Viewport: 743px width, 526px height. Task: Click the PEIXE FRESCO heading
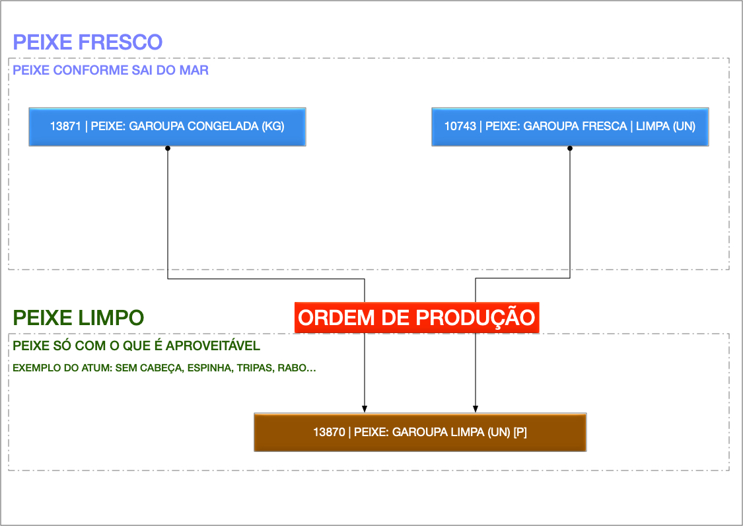coord(88,42)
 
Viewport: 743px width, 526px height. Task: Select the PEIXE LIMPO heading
coord(78,318)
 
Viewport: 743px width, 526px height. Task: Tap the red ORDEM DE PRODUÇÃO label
coord(416,318)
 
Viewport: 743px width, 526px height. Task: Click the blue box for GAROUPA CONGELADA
coord(167,126)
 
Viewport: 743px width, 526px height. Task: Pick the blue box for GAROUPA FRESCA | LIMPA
coord(570,126)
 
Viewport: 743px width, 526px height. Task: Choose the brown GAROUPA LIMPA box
coord(420,432)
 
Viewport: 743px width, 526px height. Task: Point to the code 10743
coord(460,126)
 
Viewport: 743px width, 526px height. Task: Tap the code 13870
coord(329,432)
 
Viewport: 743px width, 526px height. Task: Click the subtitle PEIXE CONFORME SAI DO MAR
coord(111,70)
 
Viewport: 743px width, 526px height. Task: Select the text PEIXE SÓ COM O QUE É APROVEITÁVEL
coord(137,346)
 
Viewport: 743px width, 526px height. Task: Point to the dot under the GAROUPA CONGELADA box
coord(168,149)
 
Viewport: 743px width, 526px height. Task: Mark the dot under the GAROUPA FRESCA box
coord(570,149)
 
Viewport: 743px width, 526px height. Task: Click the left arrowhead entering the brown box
coord(364,408)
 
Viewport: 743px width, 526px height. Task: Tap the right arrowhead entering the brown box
coord(476,408)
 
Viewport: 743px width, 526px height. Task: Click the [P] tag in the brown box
coord(520,432)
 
